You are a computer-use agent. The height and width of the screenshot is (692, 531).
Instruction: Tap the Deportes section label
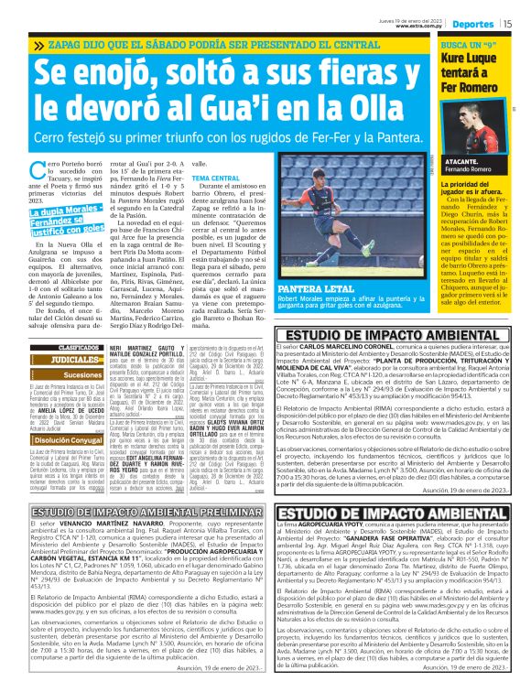coord(473,22)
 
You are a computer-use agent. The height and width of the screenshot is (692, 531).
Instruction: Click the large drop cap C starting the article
coord(38,169)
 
